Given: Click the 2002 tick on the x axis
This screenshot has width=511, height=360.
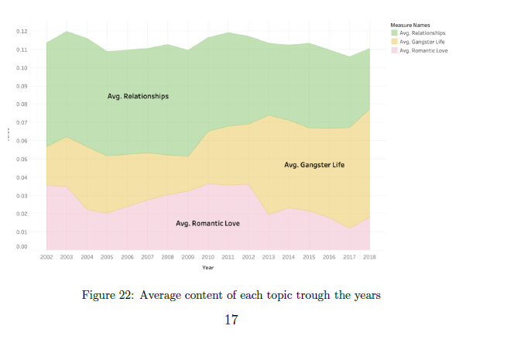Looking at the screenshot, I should (46, 255).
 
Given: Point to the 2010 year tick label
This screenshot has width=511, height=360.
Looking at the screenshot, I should (207, 255).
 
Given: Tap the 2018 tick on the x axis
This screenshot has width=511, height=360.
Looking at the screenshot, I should (369, 255).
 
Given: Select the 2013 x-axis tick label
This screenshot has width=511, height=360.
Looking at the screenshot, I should (268, 255).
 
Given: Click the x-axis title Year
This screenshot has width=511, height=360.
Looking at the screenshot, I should (207, 267).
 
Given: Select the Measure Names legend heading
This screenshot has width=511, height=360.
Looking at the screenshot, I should (409, 26).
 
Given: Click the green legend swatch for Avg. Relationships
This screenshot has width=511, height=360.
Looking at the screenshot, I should (394, 33).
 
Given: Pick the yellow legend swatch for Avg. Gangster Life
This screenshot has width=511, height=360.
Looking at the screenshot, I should (394, 42).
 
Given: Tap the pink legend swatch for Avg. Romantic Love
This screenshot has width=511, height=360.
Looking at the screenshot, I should (394, 50).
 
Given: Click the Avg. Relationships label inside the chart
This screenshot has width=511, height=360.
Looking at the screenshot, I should (138, 97).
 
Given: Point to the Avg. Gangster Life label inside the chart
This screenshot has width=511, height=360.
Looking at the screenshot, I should (314, 165).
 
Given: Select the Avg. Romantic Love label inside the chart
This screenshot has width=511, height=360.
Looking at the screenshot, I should (207, 223).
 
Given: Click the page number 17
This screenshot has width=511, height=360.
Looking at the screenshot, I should (231, 319).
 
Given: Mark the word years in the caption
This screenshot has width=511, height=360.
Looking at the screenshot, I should (365, 295).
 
